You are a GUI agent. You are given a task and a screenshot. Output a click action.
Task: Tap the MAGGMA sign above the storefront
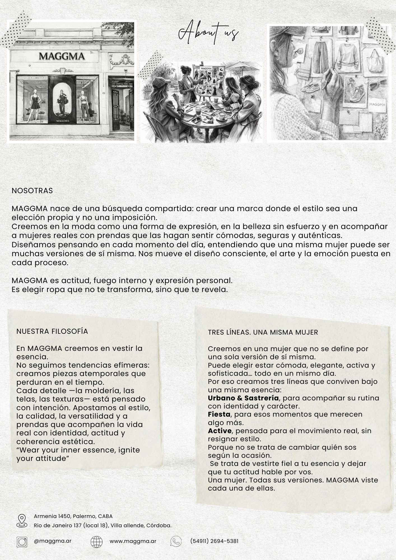point(62,56)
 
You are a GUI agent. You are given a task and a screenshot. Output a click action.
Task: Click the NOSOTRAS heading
point(32,191)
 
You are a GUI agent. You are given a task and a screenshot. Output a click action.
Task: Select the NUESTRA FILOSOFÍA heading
point(52,331)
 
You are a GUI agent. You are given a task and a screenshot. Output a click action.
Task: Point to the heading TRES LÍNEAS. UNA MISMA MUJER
point(263,332)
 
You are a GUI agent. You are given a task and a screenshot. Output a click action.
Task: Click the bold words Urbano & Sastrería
point(243,398)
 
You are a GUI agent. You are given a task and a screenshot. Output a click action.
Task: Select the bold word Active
point(220,431)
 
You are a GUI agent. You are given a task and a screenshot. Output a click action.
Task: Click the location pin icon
point(22,521)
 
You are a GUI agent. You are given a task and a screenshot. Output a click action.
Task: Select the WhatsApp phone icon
point(176,542)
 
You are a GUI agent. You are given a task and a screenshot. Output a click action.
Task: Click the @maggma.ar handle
point(53,541)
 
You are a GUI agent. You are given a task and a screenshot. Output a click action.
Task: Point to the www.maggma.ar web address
point(133,541)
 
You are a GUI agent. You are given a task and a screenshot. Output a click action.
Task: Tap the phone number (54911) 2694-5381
point(214,541)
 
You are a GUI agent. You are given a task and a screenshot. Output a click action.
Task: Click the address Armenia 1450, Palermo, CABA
point(73,516)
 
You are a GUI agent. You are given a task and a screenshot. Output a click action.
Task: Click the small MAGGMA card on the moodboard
point(377,104)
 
